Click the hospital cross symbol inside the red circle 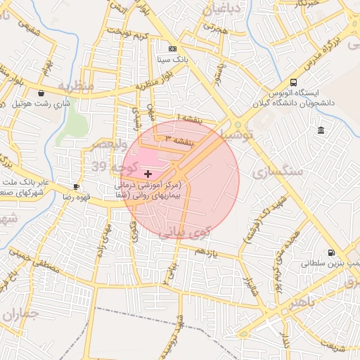[x=147, y=173]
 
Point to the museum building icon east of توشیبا [x=321, y=131]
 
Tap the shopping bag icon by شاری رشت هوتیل [x=41, y=93]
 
